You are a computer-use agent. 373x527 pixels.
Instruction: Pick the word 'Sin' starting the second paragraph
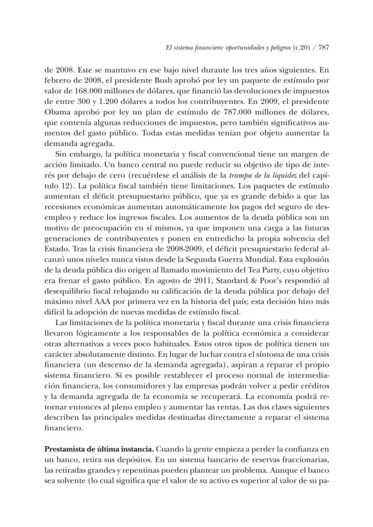(x=61, y=154)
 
